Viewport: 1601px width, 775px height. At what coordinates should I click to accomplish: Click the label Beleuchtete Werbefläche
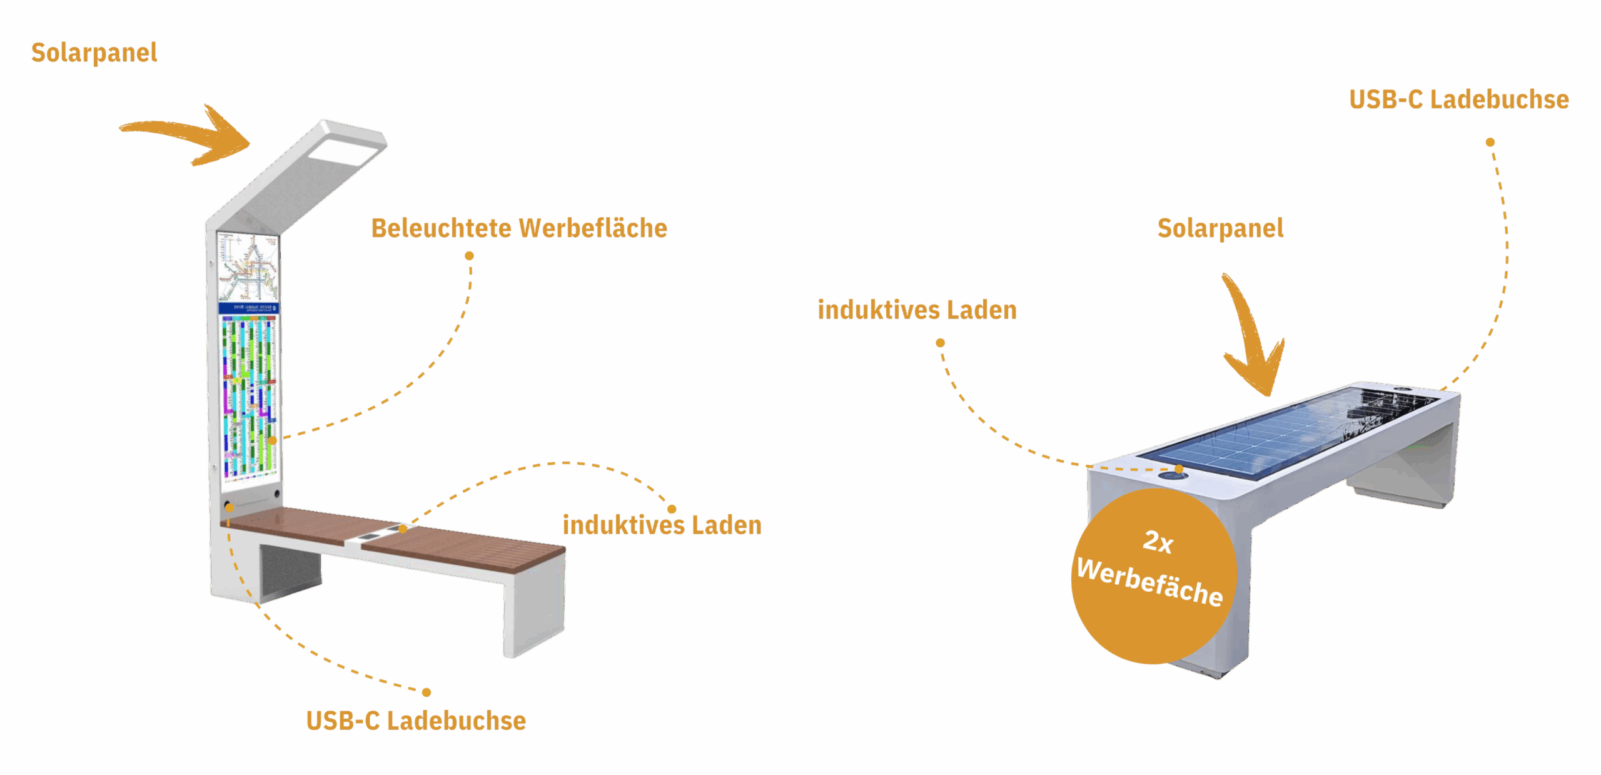point(519,228)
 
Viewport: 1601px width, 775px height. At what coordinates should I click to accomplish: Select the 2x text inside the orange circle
point(1158,542)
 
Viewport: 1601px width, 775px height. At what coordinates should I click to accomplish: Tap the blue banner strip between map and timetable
point(248,308)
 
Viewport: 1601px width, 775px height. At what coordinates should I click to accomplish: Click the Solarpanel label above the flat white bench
point(1220,228)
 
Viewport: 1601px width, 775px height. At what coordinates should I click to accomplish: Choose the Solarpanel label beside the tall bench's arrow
point(94,53)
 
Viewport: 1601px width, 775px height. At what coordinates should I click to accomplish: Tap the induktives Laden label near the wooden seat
point(662,525)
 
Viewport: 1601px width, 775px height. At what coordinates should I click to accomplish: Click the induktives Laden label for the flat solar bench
point(917,310)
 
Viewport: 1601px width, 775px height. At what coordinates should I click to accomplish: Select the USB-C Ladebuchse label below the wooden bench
point(416,721)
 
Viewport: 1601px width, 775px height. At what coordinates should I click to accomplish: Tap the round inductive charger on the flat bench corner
point(1172,476)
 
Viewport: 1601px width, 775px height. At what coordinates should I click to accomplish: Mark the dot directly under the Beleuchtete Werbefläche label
point(469,256)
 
